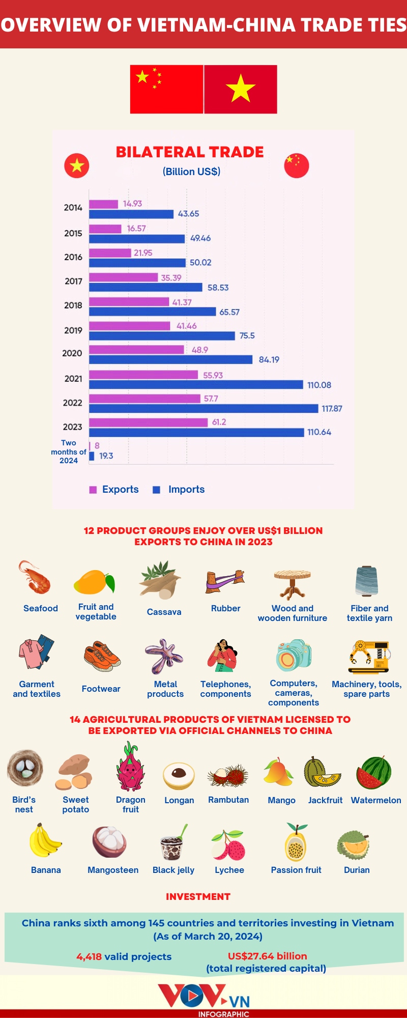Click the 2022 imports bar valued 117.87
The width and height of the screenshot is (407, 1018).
point(203,408)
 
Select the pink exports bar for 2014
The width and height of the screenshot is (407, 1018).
point(104,204)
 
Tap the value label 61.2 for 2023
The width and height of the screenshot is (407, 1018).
point(219,422)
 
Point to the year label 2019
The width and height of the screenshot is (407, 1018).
point(73,330)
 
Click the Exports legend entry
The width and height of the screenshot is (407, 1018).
point(114,489)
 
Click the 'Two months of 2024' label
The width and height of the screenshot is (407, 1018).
point(69,452)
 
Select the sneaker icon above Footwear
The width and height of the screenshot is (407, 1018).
point(102,657)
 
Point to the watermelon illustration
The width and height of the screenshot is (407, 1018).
point(374,772)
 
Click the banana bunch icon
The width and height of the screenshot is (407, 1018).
point(44,841)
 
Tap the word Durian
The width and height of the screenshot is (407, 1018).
point(357,870)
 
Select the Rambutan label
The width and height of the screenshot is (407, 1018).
point(228,800)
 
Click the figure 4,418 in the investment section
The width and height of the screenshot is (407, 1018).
point(89,956)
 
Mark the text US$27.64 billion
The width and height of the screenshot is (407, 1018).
point(267,956)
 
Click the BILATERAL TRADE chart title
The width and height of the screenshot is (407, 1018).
point(190,152)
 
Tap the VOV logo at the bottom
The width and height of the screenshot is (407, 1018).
point(203,996)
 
